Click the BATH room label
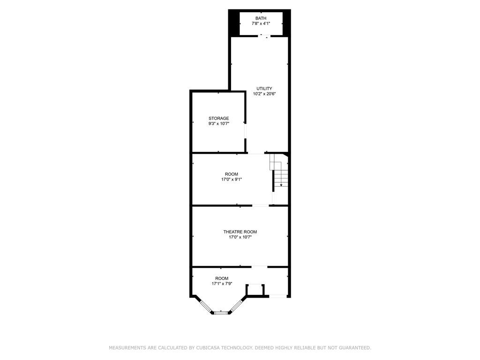(261, 18)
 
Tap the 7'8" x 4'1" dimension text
(261, 23)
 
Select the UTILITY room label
(264, 89)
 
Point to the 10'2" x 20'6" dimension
(264, 94)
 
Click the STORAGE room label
(218, 119)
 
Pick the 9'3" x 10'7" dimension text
(218, 124)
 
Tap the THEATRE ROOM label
(240, 232)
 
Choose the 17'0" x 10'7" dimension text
(240, 237)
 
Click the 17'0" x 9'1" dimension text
(231, 179)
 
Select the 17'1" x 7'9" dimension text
(222, 284)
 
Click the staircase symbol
(279, 173)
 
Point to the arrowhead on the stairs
(281, 185)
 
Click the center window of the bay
(220, 312)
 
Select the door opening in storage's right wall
(245, 131)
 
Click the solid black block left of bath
(233, 23)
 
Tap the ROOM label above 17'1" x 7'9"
(222, 278)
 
